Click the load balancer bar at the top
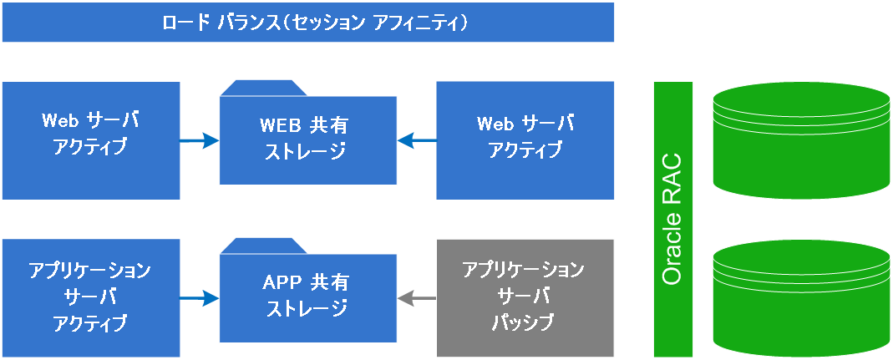point(307,22)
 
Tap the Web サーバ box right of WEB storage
point(525,140)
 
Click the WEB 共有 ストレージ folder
point(307,140)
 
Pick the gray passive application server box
point(525,297)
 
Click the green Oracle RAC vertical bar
point(673,219)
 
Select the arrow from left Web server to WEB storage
point(200,141)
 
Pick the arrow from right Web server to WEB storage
point(416,141)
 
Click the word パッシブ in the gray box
point(525,322)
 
